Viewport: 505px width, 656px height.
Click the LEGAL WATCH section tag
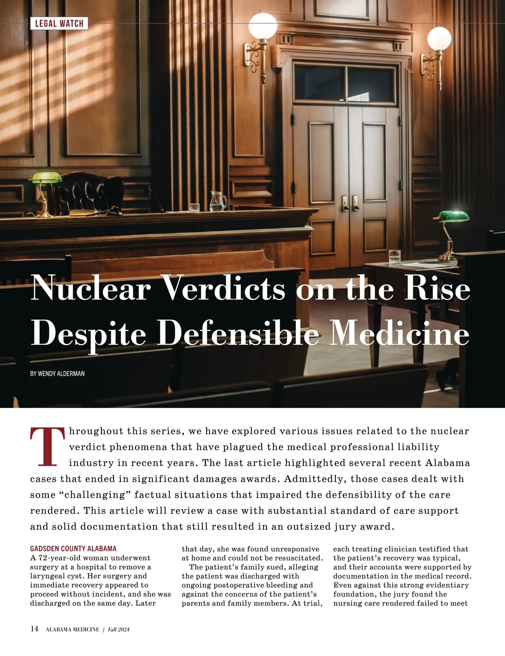pos(59,24)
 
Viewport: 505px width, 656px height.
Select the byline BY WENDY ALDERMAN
pos(57,373)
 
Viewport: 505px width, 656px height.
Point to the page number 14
pos(35,629)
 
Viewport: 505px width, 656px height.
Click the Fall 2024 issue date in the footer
pos(118,629)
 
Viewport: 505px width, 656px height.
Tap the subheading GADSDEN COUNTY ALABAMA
pos(73,549)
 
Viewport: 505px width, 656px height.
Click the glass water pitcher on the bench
pos(217,201)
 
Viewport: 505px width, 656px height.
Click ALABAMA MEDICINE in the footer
pos(72,629)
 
